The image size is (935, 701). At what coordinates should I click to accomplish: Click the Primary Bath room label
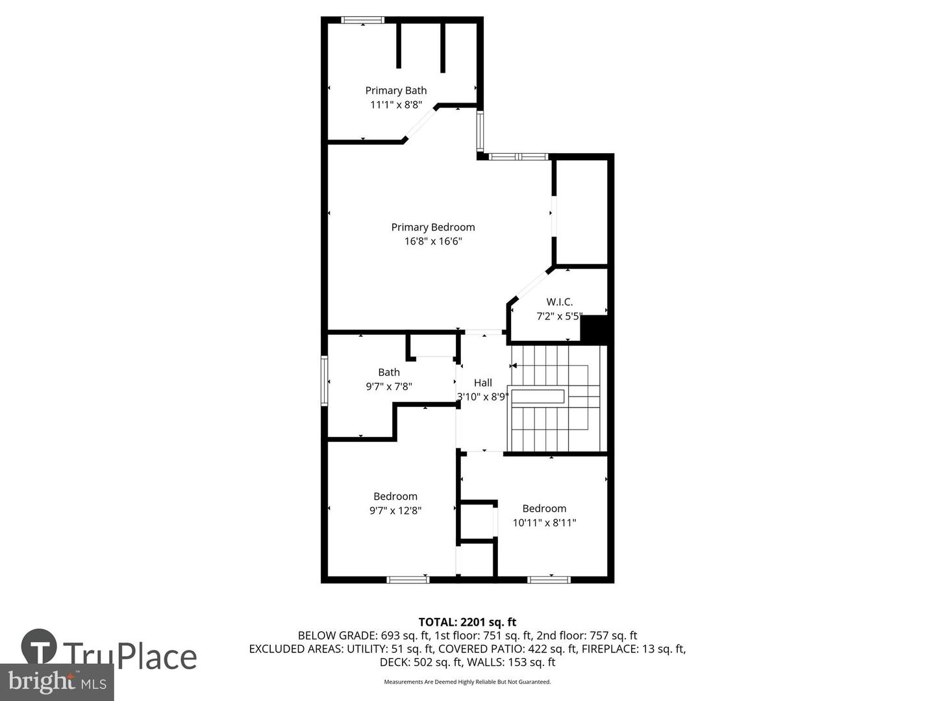click(395, 90)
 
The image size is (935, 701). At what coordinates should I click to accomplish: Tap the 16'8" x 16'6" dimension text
click(433, 241)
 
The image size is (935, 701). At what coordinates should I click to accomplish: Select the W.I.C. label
click(559, 302)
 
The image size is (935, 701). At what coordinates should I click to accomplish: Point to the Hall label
click(482, 383)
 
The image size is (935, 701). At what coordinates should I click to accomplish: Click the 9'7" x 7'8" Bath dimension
click(389, 386)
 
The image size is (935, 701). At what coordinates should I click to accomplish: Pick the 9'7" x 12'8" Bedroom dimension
click(395, 511)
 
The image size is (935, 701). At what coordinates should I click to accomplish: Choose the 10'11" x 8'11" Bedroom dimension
click(544, 523)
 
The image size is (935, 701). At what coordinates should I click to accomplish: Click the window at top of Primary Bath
click(362, 20)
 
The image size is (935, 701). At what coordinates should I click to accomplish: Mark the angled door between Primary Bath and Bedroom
click(421, 123)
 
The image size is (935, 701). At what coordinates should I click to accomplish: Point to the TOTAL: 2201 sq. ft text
click(467, 622)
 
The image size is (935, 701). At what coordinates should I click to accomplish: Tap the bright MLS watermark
click(56, 682)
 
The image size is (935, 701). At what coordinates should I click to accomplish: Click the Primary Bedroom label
click(433, 227)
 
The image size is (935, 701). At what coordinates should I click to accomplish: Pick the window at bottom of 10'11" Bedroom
click(549, 579)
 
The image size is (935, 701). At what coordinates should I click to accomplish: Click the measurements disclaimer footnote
click(467, 682)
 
